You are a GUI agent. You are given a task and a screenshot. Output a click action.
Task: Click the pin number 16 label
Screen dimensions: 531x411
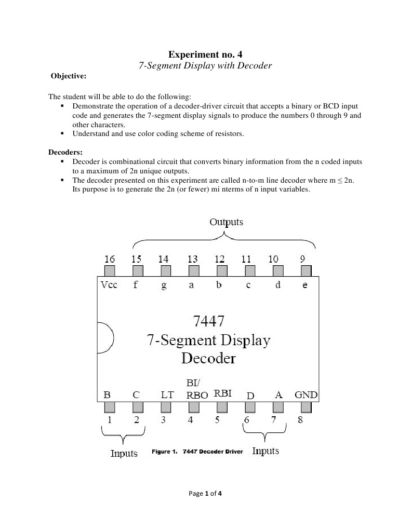coord(110,259)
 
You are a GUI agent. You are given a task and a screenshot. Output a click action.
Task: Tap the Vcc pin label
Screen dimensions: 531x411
coord(109,285)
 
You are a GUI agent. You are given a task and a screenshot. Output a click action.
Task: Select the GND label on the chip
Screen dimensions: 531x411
coord(306,394)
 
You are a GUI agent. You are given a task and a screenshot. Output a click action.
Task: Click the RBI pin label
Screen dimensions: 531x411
coord(222,393)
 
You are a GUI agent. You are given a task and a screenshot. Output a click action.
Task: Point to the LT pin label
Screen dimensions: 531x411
coord(167,394)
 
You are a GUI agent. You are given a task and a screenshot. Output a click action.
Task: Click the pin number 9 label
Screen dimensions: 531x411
coord(303,259)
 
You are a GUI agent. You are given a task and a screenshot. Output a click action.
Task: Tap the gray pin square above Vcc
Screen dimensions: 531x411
coord(110,271)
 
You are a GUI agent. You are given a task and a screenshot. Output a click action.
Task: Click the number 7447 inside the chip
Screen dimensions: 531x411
coord(208,322)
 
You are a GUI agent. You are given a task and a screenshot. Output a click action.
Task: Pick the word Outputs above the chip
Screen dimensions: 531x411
coord(226,222)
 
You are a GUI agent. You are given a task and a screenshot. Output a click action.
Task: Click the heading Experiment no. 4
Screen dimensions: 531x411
coord(206,54)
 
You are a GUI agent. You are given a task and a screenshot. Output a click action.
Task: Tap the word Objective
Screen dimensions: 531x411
coord(69,76)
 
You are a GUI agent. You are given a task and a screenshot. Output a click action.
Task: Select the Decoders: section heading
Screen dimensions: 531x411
coord(65,153)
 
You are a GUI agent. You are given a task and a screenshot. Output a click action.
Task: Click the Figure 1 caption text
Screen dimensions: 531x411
coord(197,452)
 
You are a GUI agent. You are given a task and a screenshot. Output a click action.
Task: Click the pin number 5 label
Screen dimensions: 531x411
coord(217,420)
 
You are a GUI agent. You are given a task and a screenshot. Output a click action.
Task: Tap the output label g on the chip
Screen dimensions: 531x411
coord(164,285)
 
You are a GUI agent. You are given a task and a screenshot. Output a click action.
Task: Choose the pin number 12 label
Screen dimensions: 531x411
coord(219,259)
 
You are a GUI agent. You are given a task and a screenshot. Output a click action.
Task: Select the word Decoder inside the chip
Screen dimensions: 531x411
coord(208,358)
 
